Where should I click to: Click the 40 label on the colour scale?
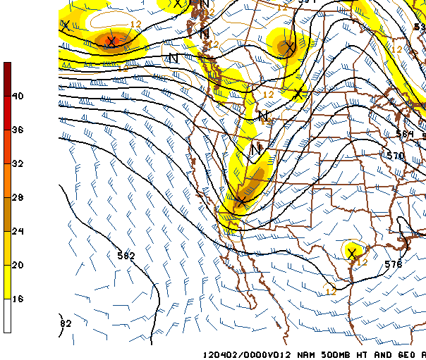[19, 96]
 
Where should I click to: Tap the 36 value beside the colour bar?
[19, 130]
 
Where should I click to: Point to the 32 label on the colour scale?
[19, 163]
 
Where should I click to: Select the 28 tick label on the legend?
[19, 197]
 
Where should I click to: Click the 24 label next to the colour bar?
[19, 231]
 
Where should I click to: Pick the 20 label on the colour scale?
[19, 265]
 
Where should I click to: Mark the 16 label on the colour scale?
[19, 299]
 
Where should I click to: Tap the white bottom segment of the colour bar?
[7, 316]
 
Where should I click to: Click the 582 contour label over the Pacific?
[126, 256]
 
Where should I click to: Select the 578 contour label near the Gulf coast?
[394, 264]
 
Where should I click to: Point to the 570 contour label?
[396, 156]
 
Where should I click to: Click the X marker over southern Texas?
[351, 254]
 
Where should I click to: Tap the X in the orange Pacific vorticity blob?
[110, 42]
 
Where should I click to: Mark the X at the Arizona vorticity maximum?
[241, 201]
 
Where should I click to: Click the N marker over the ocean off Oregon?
[173, 58]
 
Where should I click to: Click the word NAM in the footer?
[300, 354]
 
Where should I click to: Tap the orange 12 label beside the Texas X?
[363, 261]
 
